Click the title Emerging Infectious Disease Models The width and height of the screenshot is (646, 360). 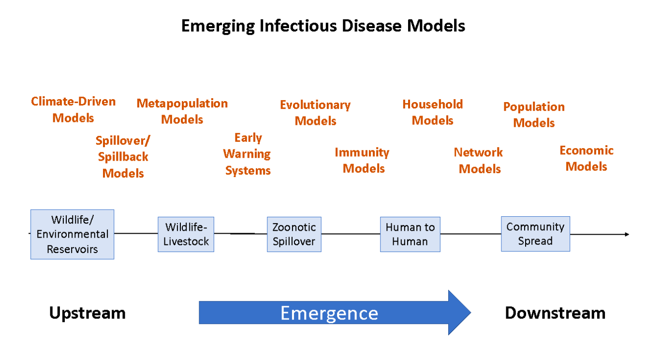tap(323, 26)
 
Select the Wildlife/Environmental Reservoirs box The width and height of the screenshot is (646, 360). tap(73, 234)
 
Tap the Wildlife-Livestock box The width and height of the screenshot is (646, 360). tap(186, 234)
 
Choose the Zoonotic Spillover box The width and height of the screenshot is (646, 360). tap(294, 234)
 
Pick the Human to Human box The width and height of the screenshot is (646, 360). tap(410, 234)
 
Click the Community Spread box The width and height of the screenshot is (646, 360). tap(536, 234)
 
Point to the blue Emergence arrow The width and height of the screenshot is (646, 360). tap(335, 313)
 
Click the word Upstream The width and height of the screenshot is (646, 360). tap(88, 313)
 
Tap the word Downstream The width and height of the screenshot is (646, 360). tap(555, 313)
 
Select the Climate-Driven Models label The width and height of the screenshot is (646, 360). tap(73, 110)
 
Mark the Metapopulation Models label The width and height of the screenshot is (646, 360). tap(182, 111)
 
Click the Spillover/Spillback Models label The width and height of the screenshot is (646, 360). tap(123, 157)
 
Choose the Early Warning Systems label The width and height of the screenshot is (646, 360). tap(248, 154)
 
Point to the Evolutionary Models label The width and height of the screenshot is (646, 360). tap(315, 113)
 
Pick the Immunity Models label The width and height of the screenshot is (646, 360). tap(363, 161)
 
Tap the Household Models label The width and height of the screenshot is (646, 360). tap(433, 112)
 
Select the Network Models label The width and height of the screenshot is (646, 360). tap(479, 161)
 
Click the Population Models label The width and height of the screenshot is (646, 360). tap(534, 115)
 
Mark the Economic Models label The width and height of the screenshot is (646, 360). tap(587, 159)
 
